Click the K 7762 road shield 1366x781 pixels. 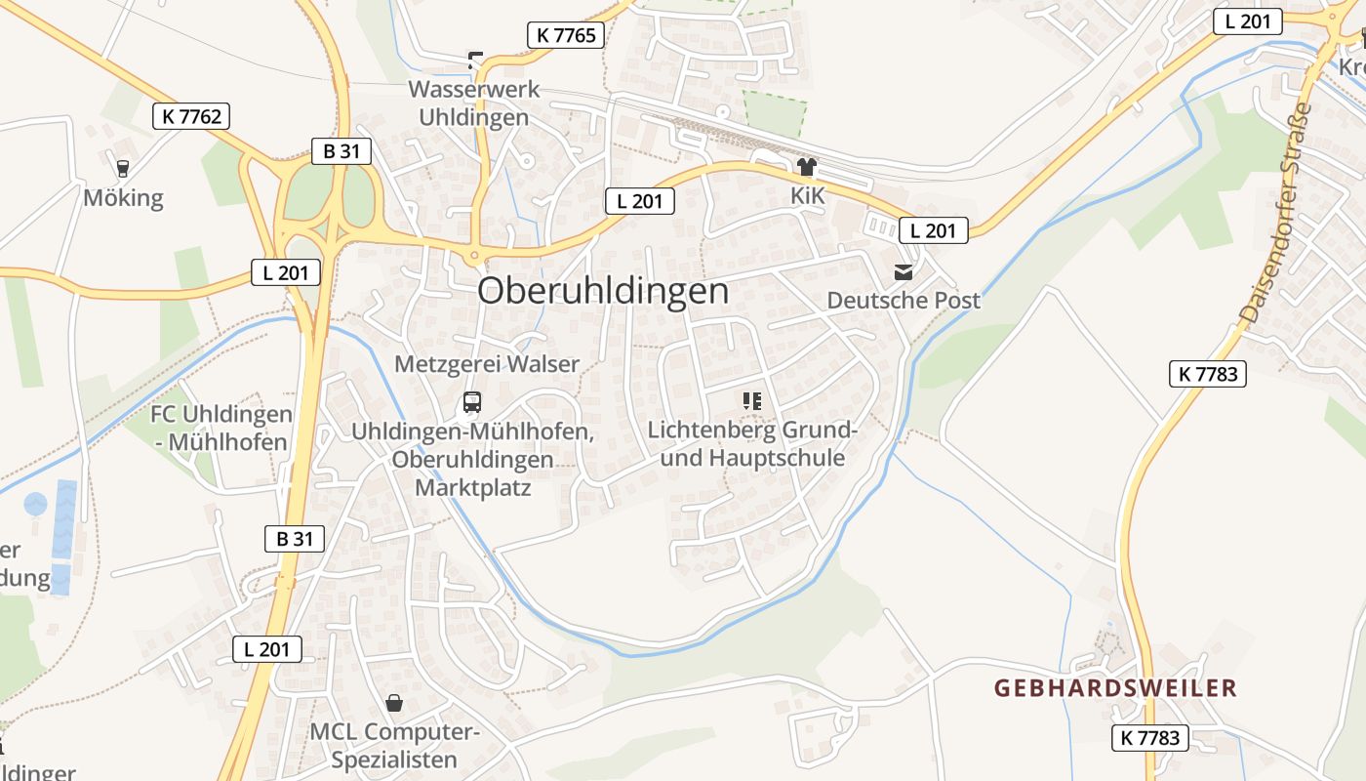pos(191,116)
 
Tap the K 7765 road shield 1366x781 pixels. pos(565,35)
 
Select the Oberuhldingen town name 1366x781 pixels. pos(603,291)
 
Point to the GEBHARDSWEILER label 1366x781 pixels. pos(1115,688)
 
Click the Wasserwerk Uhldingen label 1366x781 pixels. pos(473,103)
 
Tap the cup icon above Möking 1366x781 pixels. pos(122,168)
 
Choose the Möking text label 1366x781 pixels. pos(123,198)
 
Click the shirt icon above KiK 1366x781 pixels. pos(807,167)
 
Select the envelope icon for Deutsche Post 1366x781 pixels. pos(904,271)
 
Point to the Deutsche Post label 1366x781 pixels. pos(904,300)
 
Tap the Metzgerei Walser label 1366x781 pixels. pos(487,364)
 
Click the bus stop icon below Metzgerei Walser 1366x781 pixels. pos(472,401)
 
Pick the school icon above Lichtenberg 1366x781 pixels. pos(751,400)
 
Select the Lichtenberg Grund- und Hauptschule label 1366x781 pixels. pos(752,443)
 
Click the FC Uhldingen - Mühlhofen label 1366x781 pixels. pos(220,428)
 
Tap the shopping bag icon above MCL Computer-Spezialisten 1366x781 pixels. pos(394,702)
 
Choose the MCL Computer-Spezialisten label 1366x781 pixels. pos(394,746)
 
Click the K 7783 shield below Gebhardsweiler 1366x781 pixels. pos(1150,737)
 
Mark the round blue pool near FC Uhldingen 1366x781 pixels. pos(35,504)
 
